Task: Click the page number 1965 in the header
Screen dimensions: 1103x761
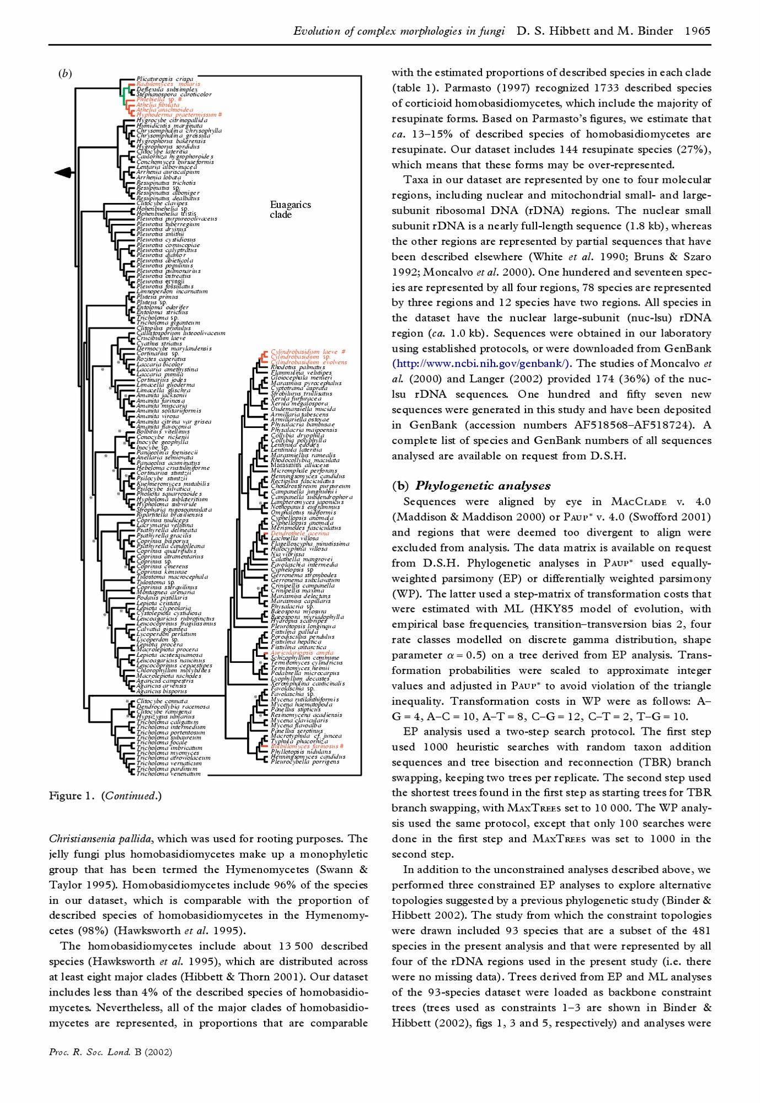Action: [697, 31]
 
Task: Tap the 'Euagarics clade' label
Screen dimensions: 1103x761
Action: [290, 210]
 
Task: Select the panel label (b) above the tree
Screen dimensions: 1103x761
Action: [65, 73]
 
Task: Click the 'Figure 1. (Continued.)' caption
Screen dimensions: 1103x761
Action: [105, 796]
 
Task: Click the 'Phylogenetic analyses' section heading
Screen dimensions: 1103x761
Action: [483, 486]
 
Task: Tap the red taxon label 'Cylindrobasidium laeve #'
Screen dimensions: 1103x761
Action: [308, 351]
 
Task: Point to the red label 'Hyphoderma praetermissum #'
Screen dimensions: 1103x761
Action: [179, 115]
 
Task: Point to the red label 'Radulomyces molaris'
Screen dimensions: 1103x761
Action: [168, 84]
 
